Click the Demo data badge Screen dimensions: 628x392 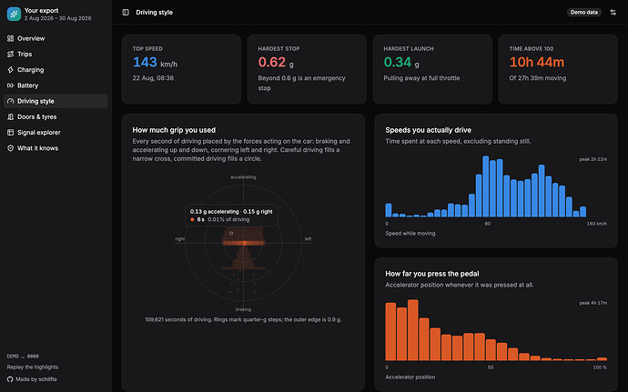(584, 13)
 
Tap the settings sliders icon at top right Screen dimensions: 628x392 (613, 13)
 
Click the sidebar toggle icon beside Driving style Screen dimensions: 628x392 (126, 13)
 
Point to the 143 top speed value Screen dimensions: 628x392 (145, 62)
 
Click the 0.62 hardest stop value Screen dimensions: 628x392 (272, 62)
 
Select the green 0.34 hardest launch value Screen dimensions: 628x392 (398, 62)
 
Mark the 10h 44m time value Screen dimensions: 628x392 (537, 62)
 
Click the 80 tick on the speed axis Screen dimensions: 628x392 (488, 224)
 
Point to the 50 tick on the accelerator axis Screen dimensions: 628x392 (491, 367)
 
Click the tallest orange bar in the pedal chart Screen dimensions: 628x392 (413, 330)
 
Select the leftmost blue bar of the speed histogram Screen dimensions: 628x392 (389, 210)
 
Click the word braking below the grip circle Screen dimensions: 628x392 (243, 309)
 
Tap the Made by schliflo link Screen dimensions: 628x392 (32, 379)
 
